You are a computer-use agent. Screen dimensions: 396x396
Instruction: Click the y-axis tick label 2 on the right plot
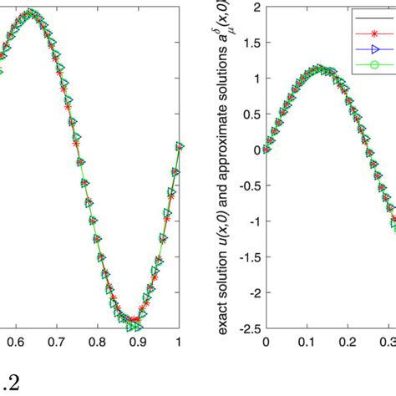(256, 8)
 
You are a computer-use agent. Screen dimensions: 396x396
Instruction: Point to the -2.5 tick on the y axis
(249, 328)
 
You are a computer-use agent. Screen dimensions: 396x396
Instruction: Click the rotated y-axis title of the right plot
(228, 167)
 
